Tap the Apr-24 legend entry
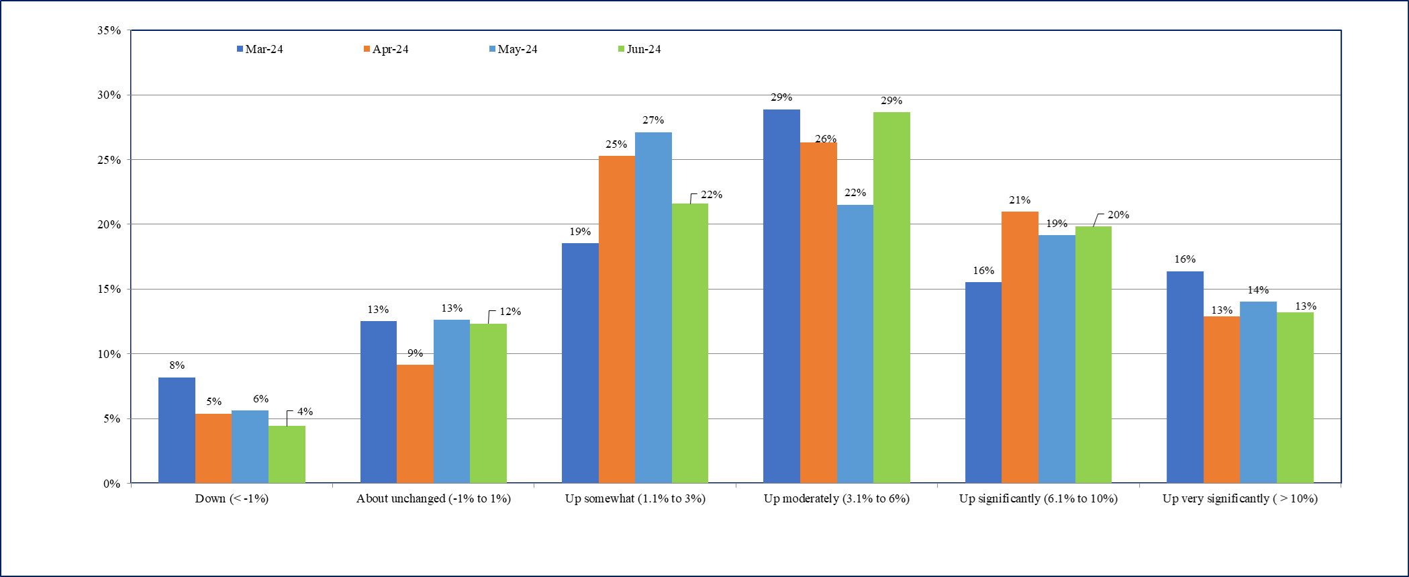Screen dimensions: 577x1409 [386, 49]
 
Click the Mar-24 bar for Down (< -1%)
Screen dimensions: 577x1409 [177, 430]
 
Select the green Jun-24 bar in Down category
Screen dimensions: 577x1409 [287, 454]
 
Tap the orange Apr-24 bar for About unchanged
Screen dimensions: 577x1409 [415, 423]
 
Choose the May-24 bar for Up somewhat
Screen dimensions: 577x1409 [653, 307]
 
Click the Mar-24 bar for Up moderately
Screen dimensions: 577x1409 [781, 296]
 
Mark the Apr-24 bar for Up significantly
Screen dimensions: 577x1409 [1020, 347]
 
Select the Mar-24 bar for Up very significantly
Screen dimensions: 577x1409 [1185, 377]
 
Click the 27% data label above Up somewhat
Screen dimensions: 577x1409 [653, 120]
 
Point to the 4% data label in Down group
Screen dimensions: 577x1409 [305, 412]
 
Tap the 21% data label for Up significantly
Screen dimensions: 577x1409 [1020, 200]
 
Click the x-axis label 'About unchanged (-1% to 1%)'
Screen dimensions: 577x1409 [434, 498]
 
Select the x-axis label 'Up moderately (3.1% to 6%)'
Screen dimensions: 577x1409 [836, 498]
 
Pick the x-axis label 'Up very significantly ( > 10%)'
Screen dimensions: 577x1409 [1240, 498]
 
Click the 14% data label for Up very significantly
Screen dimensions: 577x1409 [1258, 290]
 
